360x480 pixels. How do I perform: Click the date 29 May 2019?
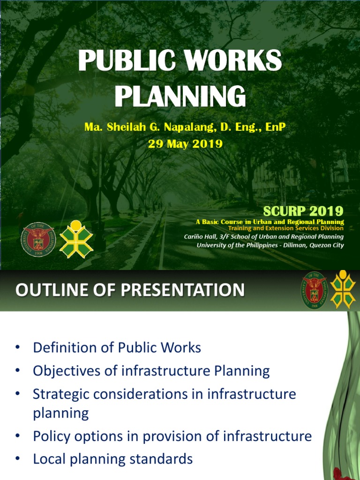185,144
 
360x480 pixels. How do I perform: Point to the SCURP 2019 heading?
303,210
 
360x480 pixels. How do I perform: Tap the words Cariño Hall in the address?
200,237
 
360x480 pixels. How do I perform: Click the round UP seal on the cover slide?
38,239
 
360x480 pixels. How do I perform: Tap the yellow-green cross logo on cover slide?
76,239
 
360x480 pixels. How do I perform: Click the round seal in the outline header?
314,287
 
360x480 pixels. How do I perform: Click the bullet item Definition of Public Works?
117,348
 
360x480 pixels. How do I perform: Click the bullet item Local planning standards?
112,459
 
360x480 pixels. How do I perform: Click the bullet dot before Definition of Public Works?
18,348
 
